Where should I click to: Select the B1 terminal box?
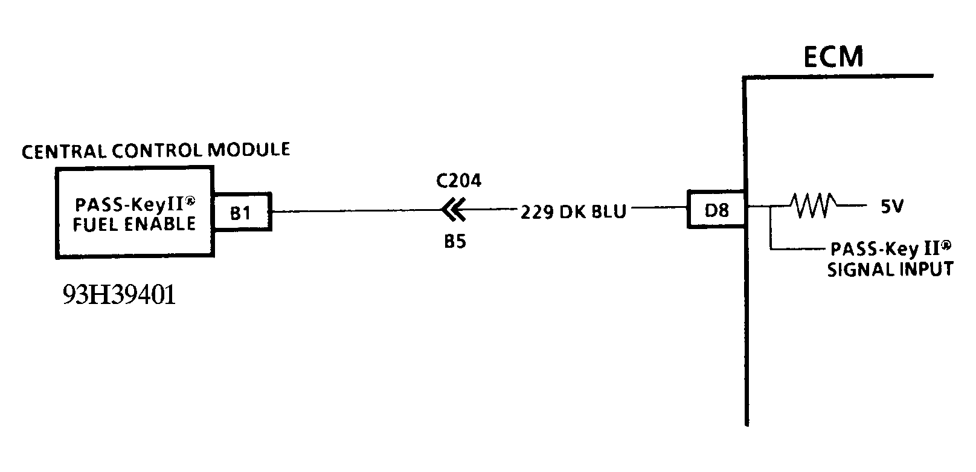tap(240, 212)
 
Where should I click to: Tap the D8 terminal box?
tap(716, 210)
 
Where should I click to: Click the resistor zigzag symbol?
tap(814, 206)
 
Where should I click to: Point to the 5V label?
tap(891, 207)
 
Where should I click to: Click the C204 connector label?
tap(458, 181)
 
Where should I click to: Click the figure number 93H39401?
tap(119, 295)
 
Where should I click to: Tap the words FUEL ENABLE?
tap(134, 224)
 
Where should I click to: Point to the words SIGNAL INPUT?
tap(890, 269)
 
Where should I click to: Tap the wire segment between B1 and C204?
tap(356, 211)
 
